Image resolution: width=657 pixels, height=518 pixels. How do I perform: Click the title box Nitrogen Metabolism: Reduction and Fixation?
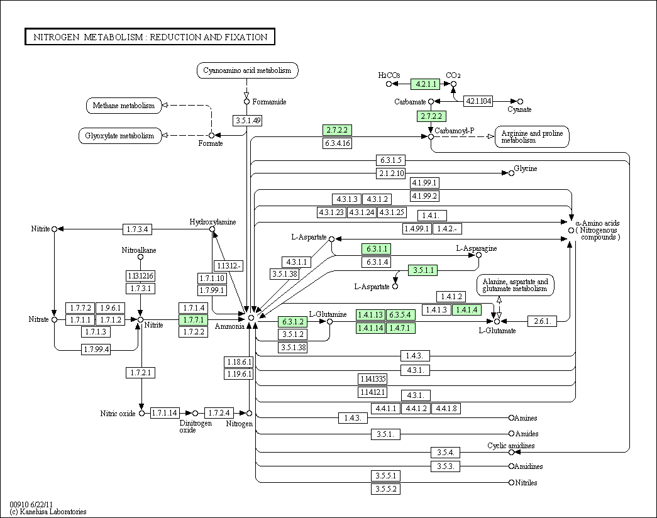pos(150,37)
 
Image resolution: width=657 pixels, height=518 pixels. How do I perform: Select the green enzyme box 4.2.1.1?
pos(425,84)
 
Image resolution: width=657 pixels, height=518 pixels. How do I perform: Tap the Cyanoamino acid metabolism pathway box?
pos(247,70)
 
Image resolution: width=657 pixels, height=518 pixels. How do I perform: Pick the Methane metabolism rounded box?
pos(124,106)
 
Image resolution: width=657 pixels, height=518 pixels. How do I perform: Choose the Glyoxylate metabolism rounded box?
pos(120,136)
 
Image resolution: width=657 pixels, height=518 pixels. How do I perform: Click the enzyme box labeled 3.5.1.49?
pos(248,121)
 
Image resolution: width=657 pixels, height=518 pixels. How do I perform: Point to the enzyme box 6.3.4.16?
pos(337,143)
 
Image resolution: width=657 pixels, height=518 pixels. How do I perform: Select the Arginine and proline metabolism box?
pos(532,136)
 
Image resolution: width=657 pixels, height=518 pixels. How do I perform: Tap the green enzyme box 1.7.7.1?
pos(193,320)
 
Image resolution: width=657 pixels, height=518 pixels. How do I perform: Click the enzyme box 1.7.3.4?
pos(137,229)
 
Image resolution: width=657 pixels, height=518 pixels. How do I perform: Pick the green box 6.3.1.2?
pos(292,322)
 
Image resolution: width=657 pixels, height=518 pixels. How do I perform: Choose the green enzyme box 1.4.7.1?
pos(400,328)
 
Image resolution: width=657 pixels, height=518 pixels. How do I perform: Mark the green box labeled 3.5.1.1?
pos(422,270)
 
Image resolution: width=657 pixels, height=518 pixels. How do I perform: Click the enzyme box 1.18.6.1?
pos(239,362)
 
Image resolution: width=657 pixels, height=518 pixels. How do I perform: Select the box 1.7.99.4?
pos(96,349)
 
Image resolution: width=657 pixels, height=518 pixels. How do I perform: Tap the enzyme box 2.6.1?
pos(542,321)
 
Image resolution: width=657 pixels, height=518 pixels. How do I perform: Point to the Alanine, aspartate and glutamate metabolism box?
pos(515,285)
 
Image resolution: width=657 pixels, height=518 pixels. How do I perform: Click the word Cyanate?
pos(519,109)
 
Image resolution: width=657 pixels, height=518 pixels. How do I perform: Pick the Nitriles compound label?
pos(526,483)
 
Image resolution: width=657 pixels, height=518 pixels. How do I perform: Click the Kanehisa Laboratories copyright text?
pos(48,512)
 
